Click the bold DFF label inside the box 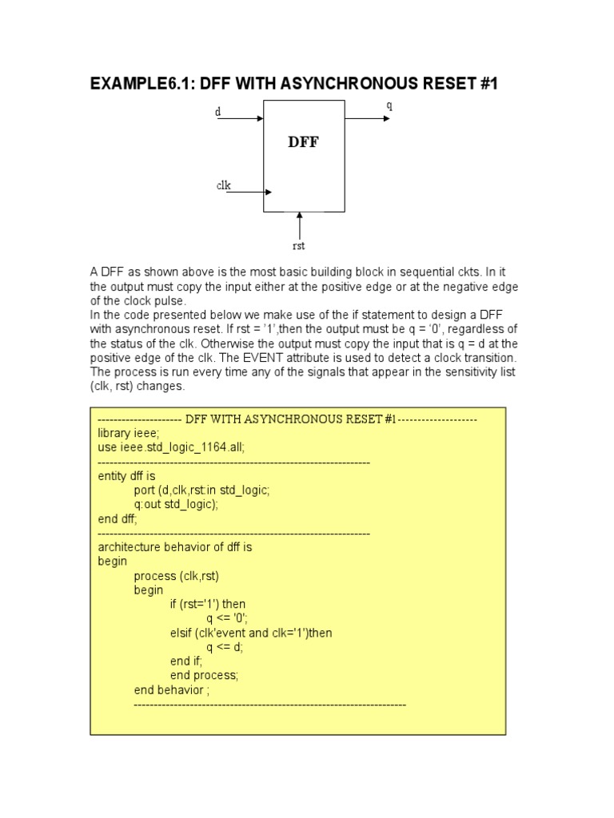(x=304, y=143)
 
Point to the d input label (x=217, y=113)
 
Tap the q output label (x=389, y=105)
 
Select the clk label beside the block (x=224, y=185)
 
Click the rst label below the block (x=299, y=246)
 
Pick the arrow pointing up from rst (x=299, y=224)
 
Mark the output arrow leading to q (x=367, y=118)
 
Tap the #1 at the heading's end (x=487, y=83)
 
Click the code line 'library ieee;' (x=129, y=433)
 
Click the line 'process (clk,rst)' (x=177, y=576)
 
